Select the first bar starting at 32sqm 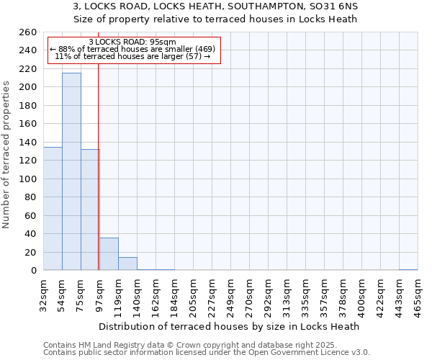53,208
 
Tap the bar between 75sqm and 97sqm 90,210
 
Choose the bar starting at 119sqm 127,264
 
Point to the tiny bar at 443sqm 408,269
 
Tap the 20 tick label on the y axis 32,252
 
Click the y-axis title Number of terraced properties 7,155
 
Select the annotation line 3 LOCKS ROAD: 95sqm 132,42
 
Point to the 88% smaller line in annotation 132,49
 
